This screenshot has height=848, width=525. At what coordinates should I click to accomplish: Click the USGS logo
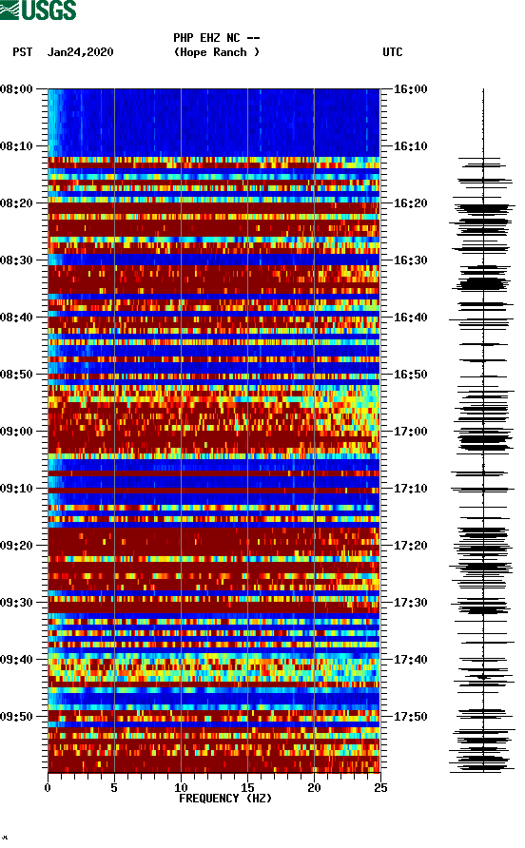tap(38, 11)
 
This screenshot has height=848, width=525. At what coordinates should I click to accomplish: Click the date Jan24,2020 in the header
tap(80, 52)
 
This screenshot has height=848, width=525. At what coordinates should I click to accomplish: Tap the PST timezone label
tap(22, 52)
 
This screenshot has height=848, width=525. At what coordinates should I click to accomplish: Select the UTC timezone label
tap(392, 52)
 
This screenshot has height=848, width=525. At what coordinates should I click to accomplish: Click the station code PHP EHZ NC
tap(216, 38)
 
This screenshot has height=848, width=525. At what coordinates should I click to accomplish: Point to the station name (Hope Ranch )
tap(216, 52)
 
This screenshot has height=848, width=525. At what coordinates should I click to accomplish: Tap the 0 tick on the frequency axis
tap(48, 787)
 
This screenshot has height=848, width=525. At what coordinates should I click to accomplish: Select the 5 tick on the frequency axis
tap(114, 787)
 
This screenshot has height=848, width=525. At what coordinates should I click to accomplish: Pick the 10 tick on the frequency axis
tap(181, 787)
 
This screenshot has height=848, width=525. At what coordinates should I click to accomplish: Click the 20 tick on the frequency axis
tap(314, 787)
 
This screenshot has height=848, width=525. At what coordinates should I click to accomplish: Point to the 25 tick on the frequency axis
tap(379, 787)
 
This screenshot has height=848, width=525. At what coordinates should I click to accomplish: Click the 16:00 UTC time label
tap(411, 89)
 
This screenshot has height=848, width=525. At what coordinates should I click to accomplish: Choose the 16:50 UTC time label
tap(411, 375)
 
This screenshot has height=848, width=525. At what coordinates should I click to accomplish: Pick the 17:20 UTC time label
tap(411, 546)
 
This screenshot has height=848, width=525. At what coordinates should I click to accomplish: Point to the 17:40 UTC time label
tap(411, 660)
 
